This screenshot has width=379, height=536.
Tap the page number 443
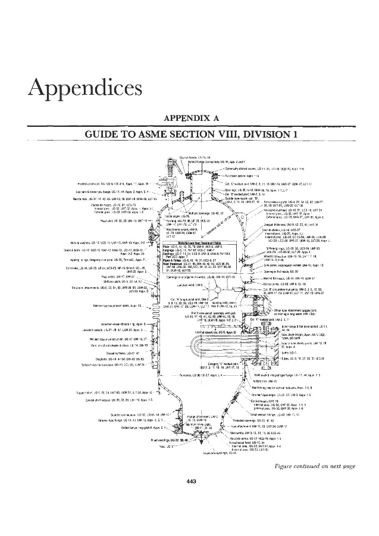tap(191, 498)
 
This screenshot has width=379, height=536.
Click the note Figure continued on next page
tap(320, 481)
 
